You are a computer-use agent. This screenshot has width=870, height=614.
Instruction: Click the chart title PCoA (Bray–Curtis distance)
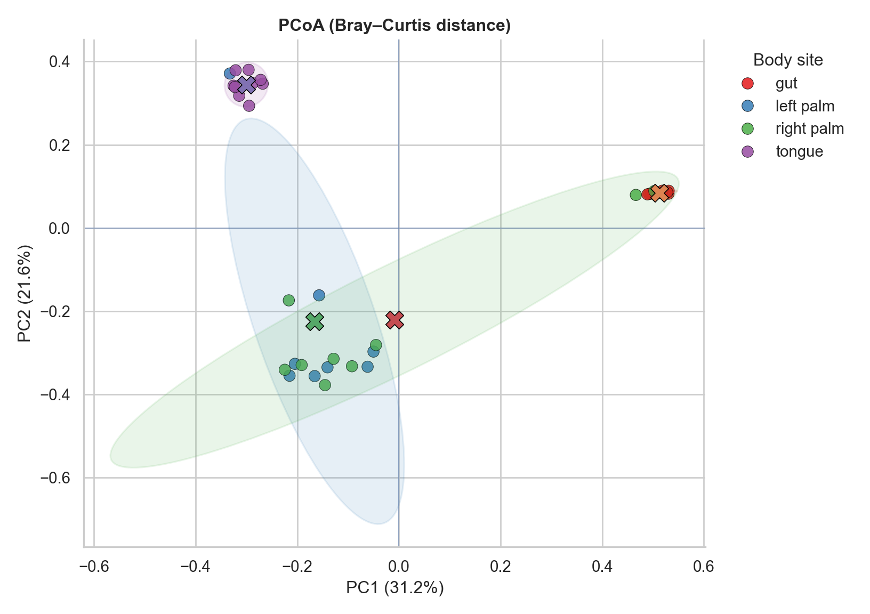pyautogui.click(x=394, y=26)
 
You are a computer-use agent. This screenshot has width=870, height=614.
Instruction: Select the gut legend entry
pyautogui.click(x=786, y=84)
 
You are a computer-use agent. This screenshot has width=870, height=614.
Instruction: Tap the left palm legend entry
pyautogui.click(x=804, y=106)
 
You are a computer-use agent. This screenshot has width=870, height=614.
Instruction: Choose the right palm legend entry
pyautogui.click(x=809, y=129)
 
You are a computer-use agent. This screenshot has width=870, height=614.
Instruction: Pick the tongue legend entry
pyautogui.click(x=799, y=152)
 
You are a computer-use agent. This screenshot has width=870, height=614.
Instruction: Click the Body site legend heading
pyautogui.click(x=788, y=60)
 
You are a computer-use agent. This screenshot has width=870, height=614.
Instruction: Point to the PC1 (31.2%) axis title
pyautogui.click(x=394, y=588)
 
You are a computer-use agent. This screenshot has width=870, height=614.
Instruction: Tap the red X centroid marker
pyautogui.click(x=394, y=320)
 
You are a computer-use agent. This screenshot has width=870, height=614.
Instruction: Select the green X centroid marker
pyautogui.click(x=315, y=321)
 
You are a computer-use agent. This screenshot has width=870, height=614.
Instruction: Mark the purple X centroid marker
pyautogui.click(x=246, y=85)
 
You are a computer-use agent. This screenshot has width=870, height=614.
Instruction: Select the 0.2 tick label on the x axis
pyautogui.click(x=501, y=566)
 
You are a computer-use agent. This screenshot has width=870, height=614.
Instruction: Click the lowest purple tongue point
pyautogui.click(x=249, y=106)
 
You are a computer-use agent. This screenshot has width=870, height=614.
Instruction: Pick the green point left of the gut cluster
pyautogui.click(x=635, y=195)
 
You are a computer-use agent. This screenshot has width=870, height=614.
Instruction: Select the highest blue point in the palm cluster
pyautogui.click(x=319, y=295)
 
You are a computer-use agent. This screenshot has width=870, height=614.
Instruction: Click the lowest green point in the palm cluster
pyautogui.click(x=325, y=385)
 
